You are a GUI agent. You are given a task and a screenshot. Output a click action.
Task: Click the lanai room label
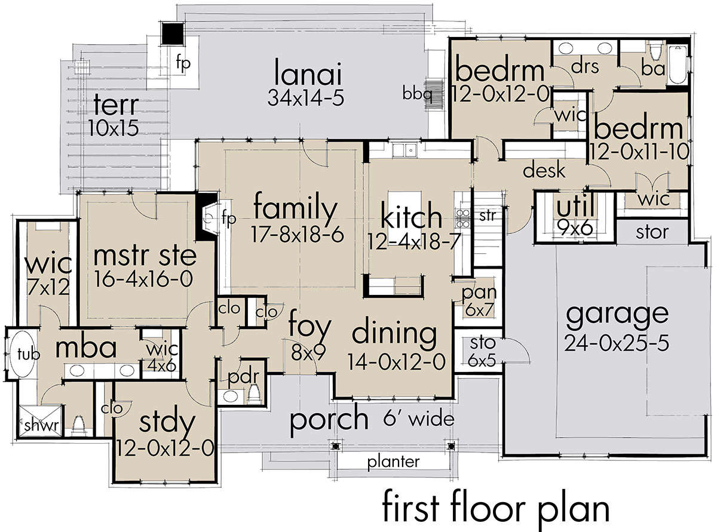pos(308,72)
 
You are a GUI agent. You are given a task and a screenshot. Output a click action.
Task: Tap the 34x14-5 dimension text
pos(305,97)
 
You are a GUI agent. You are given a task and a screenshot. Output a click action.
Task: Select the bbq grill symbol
pos(434,92)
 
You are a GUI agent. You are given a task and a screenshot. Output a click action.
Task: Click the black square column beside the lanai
pos(172,33)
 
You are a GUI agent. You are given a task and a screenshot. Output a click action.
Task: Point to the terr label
pos(116,105)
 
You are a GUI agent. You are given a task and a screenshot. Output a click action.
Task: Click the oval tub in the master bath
pos(22,354)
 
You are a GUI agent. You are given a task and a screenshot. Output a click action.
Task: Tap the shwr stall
pos(40,421)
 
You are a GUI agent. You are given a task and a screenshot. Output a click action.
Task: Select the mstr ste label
pos(145,256)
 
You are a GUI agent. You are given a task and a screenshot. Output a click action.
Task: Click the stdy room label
pos(167,423)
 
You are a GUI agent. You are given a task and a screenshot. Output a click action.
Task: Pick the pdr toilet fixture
pos(255,393)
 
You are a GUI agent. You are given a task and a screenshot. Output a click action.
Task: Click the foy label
pos(310,327)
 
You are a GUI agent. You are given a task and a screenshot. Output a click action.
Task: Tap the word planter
pos(393,462)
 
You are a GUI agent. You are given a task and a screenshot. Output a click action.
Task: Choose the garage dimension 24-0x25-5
pos(617,343)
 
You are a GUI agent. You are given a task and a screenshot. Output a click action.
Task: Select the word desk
pos(544,170)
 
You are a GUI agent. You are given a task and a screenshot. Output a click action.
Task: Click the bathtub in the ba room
pos(678,64)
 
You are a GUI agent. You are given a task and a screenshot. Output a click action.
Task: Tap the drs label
pos(585,67)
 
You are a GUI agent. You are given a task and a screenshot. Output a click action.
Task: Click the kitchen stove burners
pos(462,218)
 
